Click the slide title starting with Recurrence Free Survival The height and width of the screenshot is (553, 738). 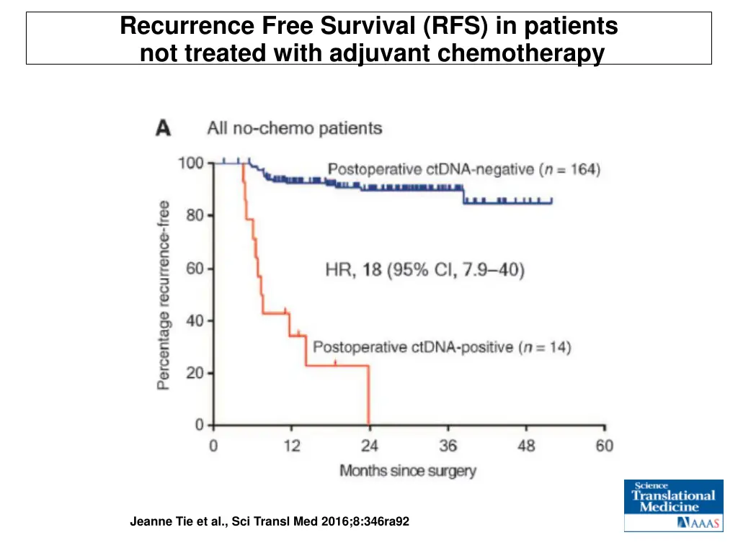pyautogui.click(x=369, y=39)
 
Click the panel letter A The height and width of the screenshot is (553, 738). pyautogui.click(x=164, y=129)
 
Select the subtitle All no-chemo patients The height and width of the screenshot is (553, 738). pyautogui.click(x=294, y=129)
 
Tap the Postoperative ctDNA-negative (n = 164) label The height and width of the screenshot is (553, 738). pyautogui.click(x=463, y=170)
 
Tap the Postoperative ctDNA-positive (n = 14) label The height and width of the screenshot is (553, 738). pyautogui.click(x=441, y=347)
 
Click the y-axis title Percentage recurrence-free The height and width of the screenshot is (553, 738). pyautogui.click(x=164, y=295)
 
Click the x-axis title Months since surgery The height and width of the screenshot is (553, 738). pyautogui.click(x=408, y=471)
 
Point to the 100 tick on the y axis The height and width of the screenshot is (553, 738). pyautogui.click(x=191, y=163)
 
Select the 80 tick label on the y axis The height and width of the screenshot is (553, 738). pyautogui.click(x=195, y=215)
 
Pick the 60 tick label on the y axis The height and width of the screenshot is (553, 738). pyautogui.click(x=195, y=269)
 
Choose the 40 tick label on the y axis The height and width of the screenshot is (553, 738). pyautogui.click(x=195, y=320)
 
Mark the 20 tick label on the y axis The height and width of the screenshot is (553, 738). pyautogui.click(x=195, y=373)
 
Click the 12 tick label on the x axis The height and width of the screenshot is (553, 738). pyautogui.click(x=291, y=446)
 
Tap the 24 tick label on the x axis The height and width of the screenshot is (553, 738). pyautogui.click(x=369, y=446)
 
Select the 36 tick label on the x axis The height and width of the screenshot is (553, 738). pyautogui.click(x=448, y=446)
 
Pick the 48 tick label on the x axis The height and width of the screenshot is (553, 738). pyautogui.click(x=526, y=446)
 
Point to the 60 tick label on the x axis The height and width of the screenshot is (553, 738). pyautogui.click(x=604, y=446)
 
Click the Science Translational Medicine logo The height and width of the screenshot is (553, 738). pyautogui.click(x=673, y=505)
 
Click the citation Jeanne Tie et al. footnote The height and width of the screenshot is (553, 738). pyautogui.click(x=270, y=521)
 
